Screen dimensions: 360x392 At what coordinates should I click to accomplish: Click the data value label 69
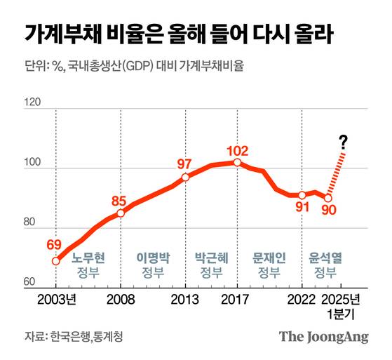click(x=55, y=245)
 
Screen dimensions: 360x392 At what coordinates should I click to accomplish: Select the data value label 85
click(x=119, y=200)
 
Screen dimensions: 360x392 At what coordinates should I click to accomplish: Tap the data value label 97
click(x=184, y=164)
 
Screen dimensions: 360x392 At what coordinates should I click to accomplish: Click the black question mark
click(x=343, y=142)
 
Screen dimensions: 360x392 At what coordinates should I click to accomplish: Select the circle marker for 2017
click(x=237, y=162)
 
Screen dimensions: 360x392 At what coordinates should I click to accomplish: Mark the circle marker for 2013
click(x=185, y=177)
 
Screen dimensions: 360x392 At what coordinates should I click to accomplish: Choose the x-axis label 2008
click(x=120, y=300)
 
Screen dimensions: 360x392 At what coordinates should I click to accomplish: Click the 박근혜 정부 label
click(x=211, y=265)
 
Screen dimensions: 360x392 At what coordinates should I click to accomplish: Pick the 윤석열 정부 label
click(x=325, y=265)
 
